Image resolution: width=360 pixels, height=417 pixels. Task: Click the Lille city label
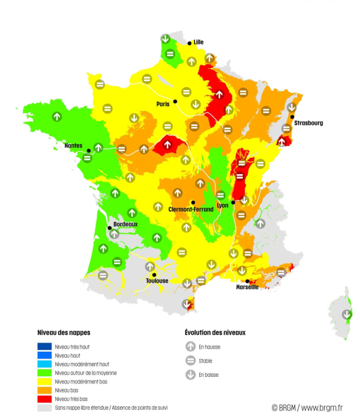click(199, 42)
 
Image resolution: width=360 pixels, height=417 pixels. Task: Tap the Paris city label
click(163, 104)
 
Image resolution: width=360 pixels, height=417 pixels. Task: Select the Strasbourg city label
click(308, 123)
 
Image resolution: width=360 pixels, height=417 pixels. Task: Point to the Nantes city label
click(74, 145)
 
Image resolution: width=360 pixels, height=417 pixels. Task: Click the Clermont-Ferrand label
click(190, 209)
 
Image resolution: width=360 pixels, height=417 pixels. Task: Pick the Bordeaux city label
click(125, 224)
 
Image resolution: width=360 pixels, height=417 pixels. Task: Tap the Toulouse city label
click(157, 280)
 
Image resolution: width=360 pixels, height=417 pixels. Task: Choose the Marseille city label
click(248, 287)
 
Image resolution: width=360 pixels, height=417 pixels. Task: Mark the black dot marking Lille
click(190, 43)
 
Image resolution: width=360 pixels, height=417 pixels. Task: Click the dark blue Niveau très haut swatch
click(44, 346)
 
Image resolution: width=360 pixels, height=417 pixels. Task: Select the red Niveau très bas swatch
click(44, 398)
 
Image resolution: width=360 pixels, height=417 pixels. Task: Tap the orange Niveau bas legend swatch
click(44, 389)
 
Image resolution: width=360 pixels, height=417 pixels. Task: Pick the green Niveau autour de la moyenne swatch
click(44, 373)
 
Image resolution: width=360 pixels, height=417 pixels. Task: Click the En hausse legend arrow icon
click(190, 346)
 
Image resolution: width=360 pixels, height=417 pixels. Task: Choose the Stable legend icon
click(190, 361)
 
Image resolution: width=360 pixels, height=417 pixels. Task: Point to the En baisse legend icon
click(190, 376)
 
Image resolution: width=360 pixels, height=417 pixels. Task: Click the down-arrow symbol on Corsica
click(347, 314)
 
